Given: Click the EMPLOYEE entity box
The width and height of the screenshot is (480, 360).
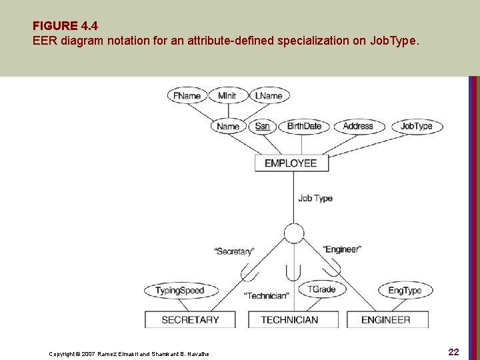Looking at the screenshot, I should point(291,163).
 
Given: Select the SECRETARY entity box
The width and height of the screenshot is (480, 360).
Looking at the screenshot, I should point(190,320).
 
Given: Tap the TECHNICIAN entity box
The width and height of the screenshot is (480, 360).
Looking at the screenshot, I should point(289,320).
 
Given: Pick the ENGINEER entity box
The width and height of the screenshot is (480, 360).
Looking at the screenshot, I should point(385,320).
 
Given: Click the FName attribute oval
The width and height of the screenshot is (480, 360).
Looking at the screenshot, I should point(187,95).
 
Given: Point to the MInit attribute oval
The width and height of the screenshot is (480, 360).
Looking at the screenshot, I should point(227,95).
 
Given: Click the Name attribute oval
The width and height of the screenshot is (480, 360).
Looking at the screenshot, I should point(228,126).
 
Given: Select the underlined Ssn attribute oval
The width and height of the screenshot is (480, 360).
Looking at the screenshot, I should point(263,126).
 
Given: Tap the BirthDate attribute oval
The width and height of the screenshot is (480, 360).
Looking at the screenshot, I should point(304,126).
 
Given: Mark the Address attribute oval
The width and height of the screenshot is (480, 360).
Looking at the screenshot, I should point(358,126).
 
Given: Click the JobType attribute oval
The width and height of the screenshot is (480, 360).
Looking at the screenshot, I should point(416,126).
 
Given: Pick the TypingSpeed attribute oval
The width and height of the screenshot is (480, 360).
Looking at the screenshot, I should point(179,291).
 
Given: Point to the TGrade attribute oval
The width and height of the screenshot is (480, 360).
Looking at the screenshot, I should point(321,289).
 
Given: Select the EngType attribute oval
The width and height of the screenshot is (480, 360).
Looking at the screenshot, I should point(405,291).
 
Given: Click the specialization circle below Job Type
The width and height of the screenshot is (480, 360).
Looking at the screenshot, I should point(293,233).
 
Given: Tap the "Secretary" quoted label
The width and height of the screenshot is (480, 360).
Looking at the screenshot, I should point(234,251).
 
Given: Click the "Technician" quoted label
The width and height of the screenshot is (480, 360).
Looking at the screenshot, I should point(267,295).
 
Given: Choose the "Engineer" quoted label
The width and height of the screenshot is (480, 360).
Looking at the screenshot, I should point(342,249).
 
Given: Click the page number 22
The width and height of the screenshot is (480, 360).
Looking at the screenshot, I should point(454,352).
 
